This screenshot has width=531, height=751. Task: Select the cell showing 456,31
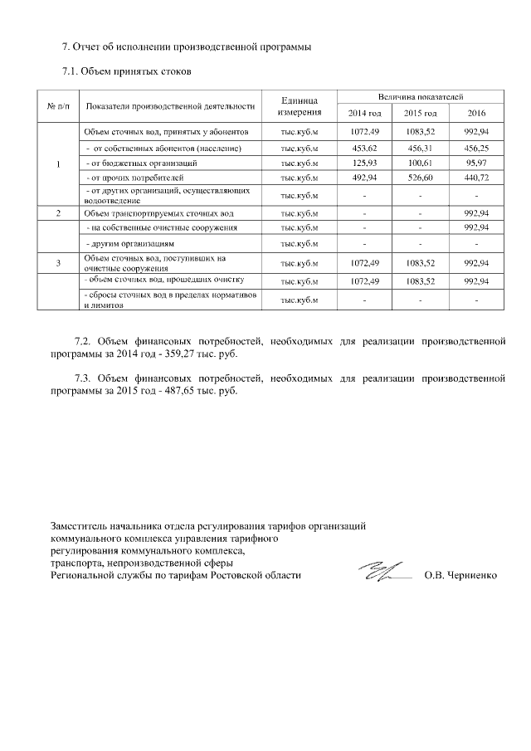pyautogui.click(x=420, y=148)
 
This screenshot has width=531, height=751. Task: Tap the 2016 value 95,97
pyautogui.click(x=476, y=163)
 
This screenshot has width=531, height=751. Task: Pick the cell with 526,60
pyautogui.click(x=420, y=178)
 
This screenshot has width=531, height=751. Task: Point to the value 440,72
pyautogui.click(x=476, y=178)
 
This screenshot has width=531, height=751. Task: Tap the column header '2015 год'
pyautogui.click(x=420, y=113)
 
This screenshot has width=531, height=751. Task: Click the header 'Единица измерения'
pyautogui.click(x=300, y=105)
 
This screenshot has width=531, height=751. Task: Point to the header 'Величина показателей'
pyautogui.click(x=420, y=97)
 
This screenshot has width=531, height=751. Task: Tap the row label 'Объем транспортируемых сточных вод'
pyautogui.click(x=158, y=214)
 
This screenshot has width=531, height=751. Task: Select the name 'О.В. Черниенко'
pyautogui.click(x=460, y=574)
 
